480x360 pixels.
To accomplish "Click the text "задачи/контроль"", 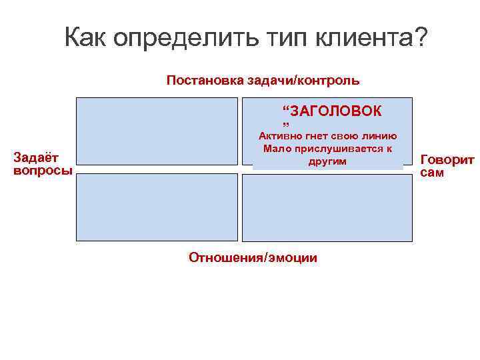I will click(305, 81).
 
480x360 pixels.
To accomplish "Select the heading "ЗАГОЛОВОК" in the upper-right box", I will click(337, 110).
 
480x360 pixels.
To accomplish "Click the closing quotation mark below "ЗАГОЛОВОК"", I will click(285, 125).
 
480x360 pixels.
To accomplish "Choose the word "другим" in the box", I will click(327, 161).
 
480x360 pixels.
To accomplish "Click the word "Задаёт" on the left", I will click(37, 158).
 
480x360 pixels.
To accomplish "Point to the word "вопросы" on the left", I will click(43, 170).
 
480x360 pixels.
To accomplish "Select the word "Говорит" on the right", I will click(447, 160).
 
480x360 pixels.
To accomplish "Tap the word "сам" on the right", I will click(432, 173).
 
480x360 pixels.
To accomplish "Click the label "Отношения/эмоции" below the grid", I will click(253, 257).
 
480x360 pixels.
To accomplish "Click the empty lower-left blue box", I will click(156, 207).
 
